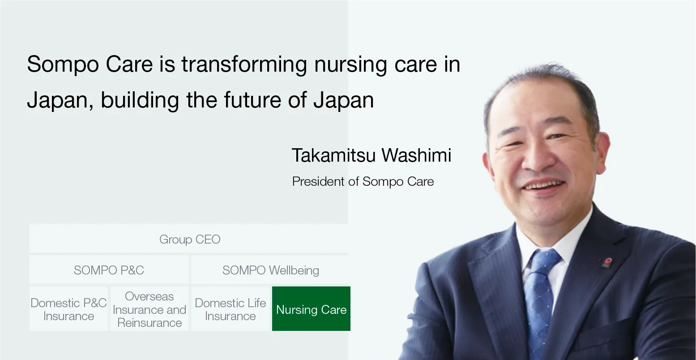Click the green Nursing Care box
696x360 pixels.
(311, 309)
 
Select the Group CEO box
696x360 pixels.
(189, 239)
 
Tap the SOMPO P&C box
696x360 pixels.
(109, 270)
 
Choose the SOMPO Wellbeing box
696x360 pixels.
(270, 270)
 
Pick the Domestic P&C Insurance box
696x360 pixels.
(68, 309)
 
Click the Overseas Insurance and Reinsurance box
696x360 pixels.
(149, 309)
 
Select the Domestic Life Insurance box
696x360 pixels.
(230, 309)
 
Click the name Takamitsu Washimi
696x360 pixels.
(371, 155)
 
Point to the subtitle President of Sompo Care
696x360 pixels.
(363, 181)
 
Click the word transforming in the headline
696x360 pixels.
(243, 64)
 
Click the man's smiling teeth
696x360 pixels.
(544, 184)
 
